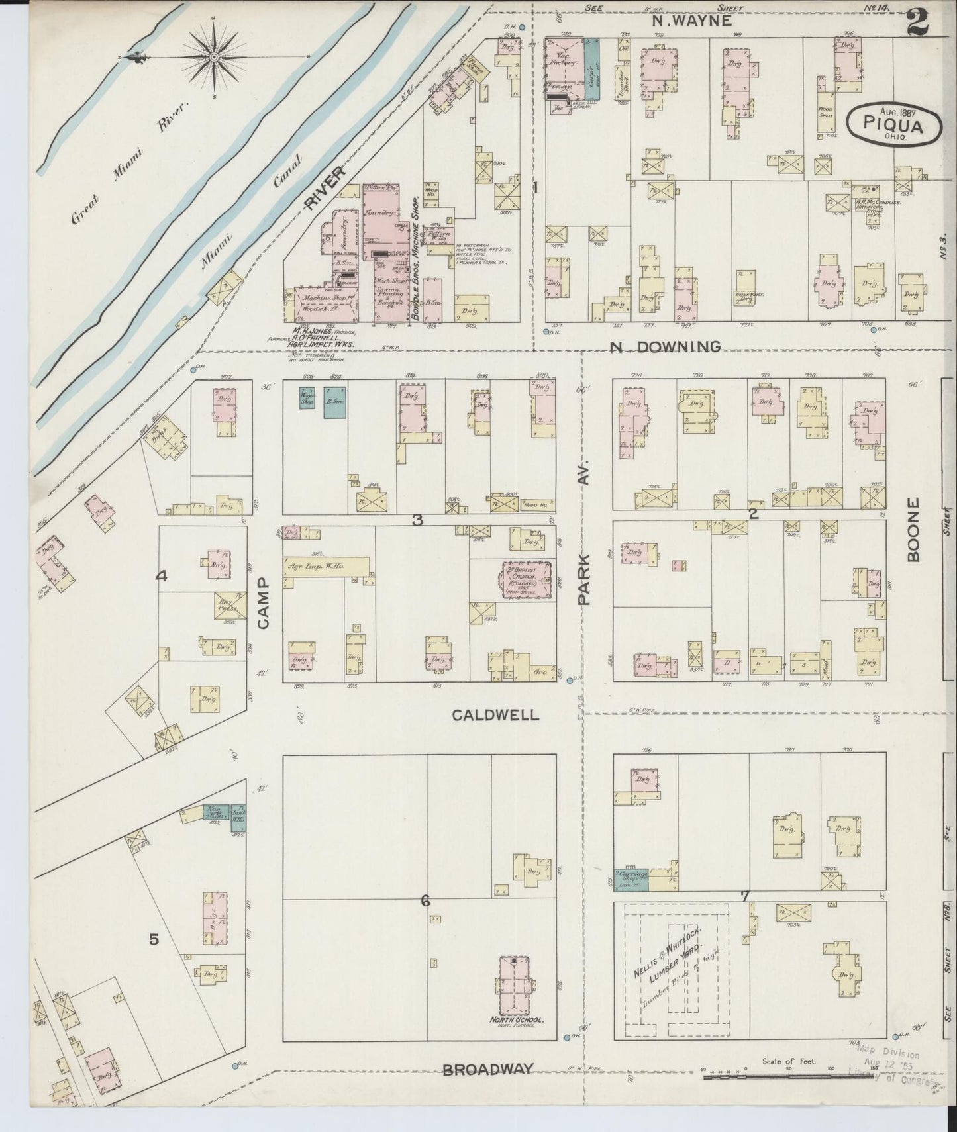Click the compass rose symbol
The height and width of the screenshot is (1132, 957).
point(215,58)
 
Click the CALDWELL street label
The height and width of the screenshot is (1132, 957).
point(496,715)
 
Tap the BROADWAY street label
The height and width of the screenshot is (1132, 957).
point(488,1069)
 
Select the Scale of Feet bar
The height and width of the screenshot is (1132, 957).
point(788,1077)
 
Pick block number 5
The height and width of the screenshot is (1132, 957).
point(154,939)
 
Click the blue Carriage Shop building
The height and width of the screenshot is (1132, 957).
point(630,878)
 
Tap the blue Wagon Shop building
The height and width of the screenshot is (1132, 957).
point(307,402)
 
